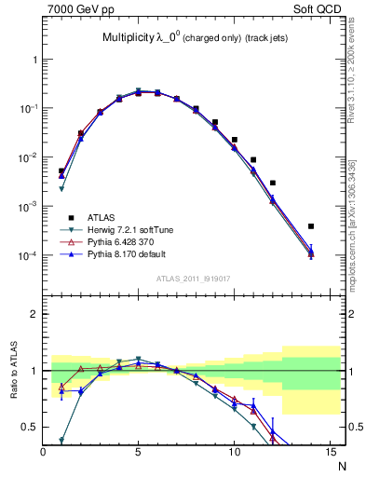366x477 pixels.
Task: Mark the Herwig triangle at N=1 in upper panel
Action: [x=61, y=189]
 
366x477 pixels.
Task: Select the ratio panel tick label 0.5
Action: [x=30, y=428]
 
